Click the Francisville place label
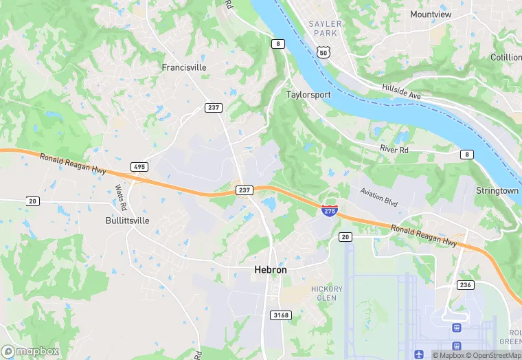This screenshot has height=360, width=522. point(184,67)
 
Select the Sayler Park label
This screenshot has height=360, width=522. point(325,28)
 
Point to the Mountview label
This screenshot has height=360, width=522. point(431,14)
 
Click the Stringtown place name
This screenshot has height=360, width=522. point(497,190)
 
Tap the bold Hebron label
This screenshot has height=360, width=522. point(271,270)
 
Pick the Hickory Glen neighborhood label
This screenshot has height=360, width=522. point(326,293)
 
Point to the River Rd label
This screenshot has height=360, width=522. point(394,149)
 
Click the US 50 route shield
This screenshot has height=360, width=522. point(324,52)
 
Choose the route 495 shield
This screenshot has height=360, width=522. point(139,167)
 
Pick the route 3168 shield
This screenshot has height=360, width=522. point(281,315)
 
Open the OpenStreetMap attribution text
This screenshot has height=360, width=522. point(493,355)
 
